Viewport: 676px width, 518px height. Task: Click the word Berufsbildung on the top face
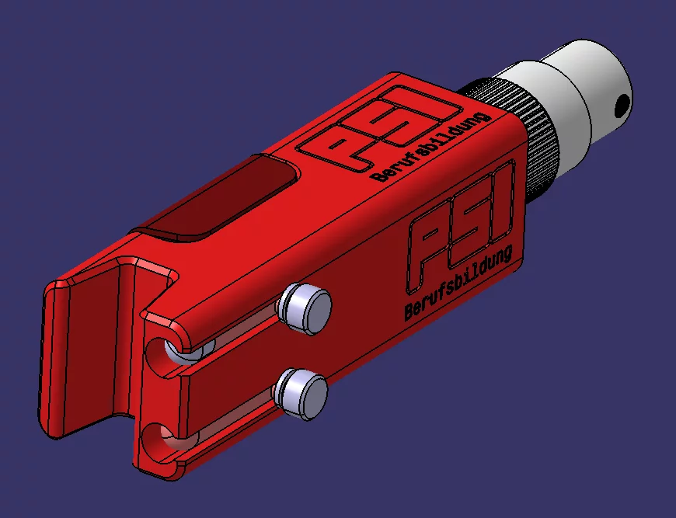tap(431, 148)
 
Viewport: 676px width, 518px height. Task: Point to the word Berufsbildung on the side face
tap(458, 284)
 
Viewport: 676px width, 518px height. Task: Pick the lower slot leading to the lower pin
tap(225, 419)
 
